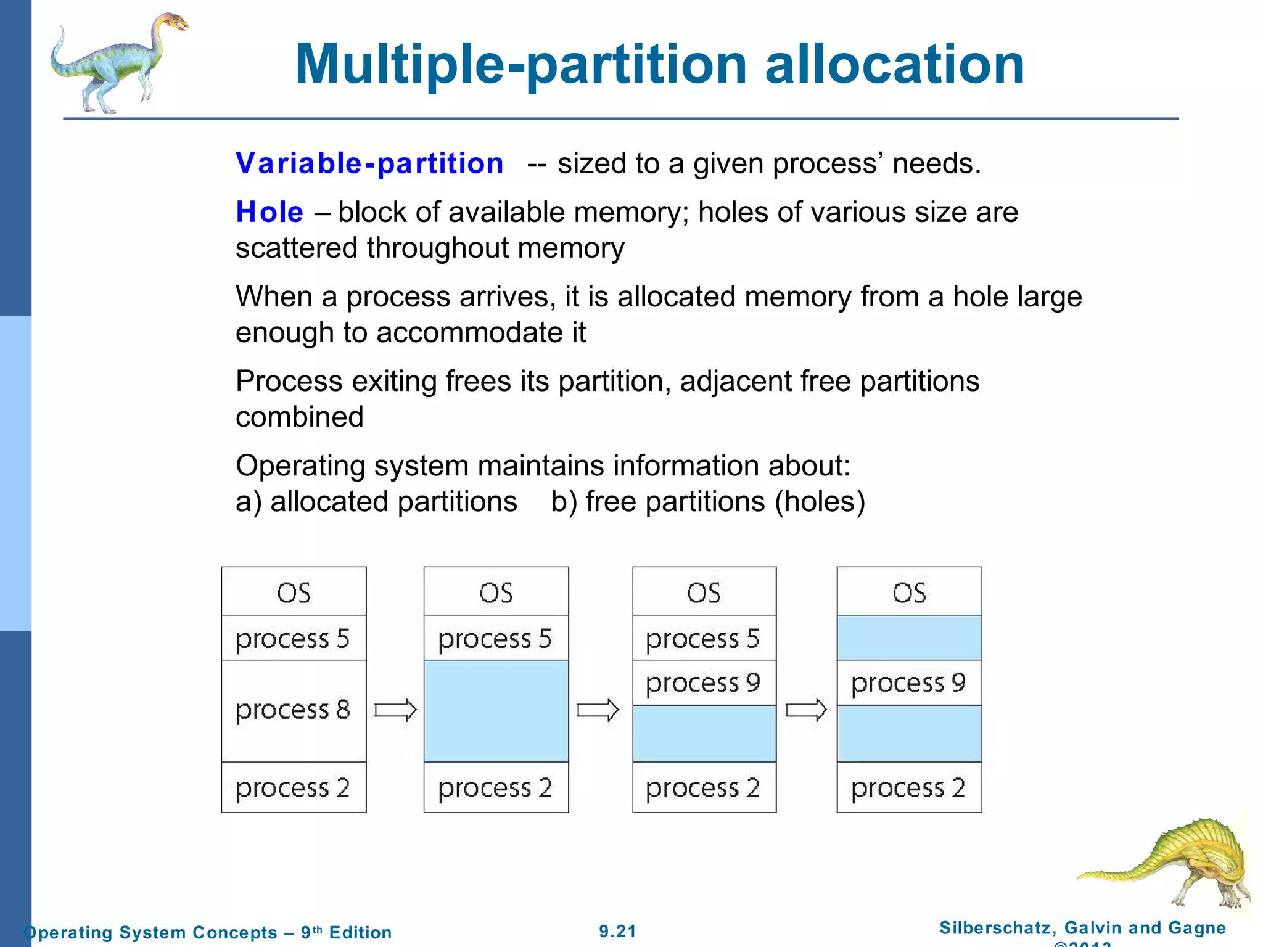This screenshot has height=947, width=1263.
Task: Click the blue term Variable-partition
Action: (369, 163)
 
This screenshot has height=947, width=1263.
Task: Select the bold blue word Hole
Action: (269, 212)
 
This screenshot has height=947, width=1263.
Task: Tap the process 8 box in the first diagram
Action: (294, 710)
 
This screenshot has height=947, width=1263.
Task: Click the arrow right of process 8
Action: (395, 710)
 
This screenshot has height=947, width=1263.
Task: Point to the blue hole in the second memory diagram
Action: (496, 710)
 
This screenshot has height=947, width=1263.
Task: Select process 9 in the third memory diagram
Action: (704, 683)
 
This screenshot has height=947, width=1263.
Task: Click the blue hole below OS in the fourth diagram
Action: (909, 637)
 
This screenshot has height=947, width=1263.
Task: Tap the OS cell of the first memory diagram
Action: (294, 592)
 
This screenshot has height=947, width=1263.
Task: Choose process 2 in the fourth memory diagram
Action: (909, 788)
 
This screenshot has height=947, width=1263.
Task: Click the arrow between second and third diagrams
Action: (598, 710)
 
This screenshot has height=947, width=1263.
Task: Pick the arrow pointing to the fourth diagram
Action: (806, 710)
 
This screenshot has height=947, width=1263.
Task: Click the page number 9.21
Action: (617, 931)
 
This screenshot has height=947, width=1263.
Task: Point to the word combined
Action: (300, 417)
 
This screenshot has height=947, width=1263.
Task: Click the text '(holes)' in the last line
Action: (820, 501)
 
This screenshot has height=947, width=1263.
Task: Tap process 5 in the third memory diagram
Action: (704, 638)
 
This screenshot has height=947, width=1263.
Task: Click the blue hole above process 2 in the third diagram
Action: (704, 734)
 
